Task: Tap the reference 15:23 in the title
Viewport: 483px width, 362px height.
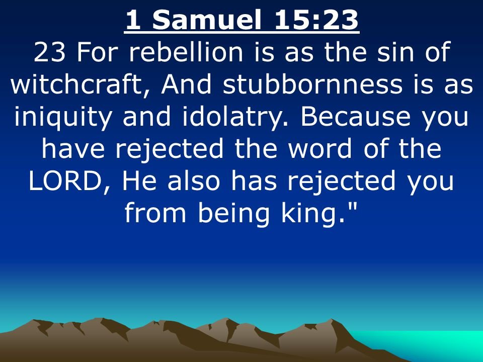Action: (x=316, y=20)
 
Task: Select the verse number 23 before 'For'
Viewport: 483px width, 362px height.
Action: (x=49, y=52)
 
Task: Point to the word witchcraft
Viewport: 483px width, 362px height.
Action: (x=76, y=84)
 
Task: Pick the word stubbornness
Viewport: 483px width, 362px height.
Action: (x=312, y=84)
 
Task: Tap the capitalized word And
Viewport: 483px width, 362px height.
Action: (x=186, y=84)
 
